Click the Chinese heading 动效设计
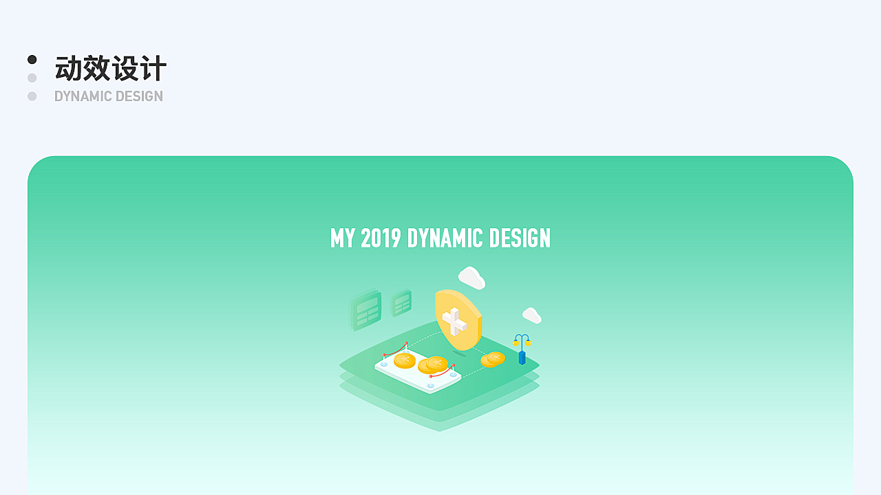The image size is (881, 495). [111, 68]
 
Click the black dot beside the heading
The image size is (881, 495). [32, 59]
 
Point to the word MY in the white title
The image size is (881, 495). [343, 238]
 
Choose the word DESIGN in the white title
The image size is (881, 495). [520, 238]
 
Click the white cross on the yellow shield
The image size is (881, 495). [454, 321]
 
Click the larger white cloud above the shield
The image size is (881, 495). [471, 278]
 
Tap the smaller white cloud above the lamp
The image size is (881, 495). [532, 316]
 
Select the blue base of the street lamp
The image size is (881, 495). [522, 358]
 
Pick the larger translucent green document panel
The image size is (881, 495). [366, 310]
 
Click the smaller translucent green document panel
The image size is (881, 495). [401, 302]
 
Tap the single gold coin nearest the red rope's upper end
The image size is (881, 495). [405, 360]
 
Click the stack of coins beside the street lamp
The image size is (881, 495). [493, 359]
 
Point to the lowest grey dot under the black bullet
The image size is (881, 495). [32, 96]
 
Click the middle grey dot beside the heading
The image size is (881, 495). [32, 78]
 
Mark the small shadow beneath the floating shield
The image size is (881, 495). [459, 353]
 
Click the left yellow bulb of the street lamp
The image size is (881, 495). [516, 343]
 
